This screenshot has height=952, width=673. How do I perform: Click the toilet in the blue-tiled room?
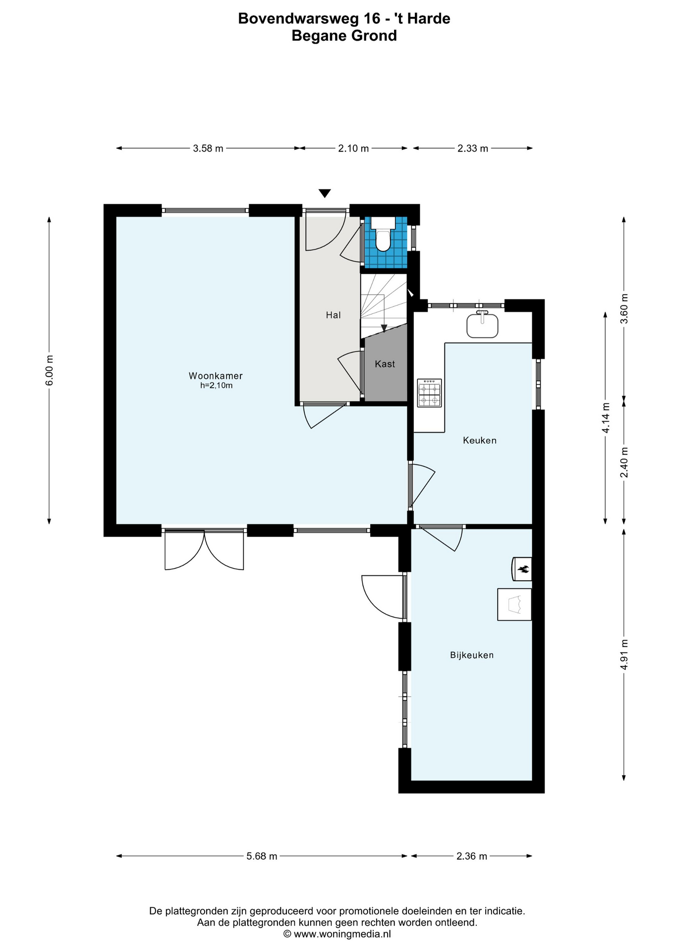coord(383,235)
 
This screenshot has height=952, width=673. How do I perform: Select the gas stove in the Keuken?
coord(429,393)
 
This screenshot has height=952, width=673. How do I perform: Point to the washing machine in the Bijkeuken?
coord(514,604)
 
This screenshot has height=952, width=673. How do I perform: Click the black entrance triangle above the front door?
coord(325,193)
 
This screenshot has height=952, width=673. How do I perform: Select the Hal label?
coord(333,315)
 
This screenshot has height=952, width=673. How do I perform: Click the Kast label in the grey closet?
coord(385,364)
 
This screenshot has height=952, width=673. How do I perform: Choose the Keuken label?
coord(480,440)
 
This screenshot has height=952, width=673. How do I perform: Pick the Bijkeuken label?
coord(472,655)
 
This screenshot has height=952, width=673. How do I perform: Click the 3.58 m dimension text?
coord(208,148)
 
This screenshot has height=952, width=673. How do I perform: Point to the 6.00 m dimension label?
coord(49,370)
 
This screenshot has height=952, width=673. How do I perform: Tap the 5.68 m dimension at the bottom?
coord(262,856)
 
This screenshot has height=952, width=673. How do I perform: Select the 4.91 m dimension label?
coord(624,654)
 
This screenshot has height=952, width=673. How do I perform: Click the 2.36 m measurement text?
coord(472,856)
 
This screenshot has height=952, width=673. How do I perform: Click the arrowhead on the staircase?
coord(384,328)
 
